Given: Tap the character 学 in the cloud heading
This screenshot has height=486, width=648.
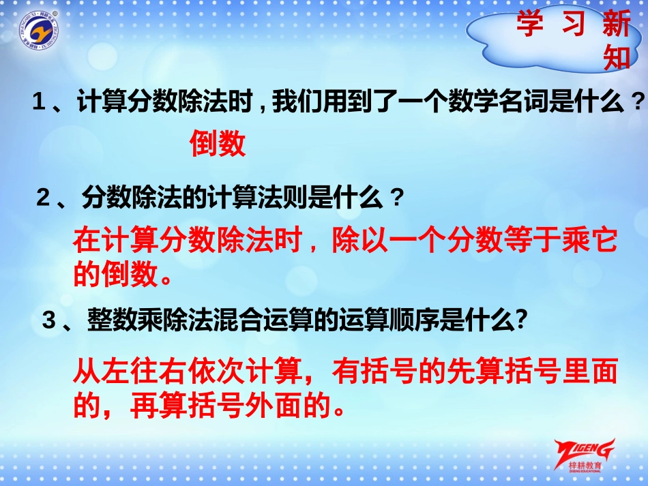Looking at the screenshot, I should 529,25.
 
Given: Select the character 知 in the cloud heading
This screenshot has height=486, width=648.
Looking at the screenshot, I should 617,59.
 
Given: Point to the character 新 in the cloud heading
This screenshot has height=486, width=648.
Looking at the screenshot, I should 617,25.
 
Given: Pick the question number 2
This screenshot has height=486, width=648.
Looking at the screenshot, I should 43,199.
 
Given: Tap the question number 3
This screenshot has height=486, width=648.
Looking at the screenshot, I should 48,321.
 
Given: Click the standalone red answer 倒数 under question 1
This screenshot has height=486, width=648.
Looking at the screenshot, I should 217,144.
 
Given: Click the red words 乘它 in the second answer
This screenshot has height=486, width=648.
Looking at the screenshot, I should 591,241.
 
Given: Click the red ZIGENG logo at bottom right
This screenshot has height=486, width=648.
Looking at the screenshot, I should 585,453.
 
